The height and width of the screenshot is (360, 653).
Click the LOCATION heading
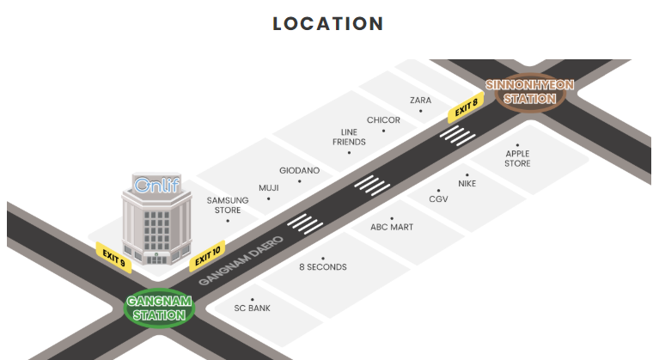click(x=327, y=24)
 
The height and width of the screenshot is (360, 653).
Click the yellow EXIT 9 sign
click(x=113, y=257)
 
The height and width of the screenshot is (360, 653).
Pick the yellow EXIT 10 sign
click(x=207, y=257)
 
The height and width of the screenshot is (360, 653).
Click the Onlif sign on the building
click(x=156, y=184)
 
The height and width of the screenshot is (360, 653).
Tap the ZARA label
click(x=420, y=101)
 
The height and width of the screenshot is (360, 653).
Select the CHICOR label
click(x=383, y=120)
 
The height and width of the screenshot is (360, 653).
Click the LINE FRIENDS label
click(x=349, y=137)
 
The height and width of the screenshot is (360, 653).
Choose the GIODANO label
click(x=299, y=170)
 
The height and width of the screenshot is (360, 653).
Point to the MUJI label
click(x=269, y=187)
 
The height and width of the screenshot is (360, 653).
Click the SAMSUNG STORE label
click(x=228, y=204)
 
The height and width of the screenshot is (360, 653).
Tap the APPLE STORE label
click(x=517, y=158)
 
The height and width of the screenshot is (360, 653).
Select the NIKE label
click(x=467, y=183)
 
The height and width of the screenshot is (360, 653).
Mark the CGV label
click(x=438, y=198)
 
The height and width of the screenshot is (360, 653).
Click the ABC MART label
click(x=392, y=227)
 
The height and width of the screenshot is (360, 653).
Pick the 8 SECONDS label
click(x=323, y=267)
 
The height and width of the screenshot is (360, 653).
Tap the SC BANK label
click(x=253, y=308)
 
